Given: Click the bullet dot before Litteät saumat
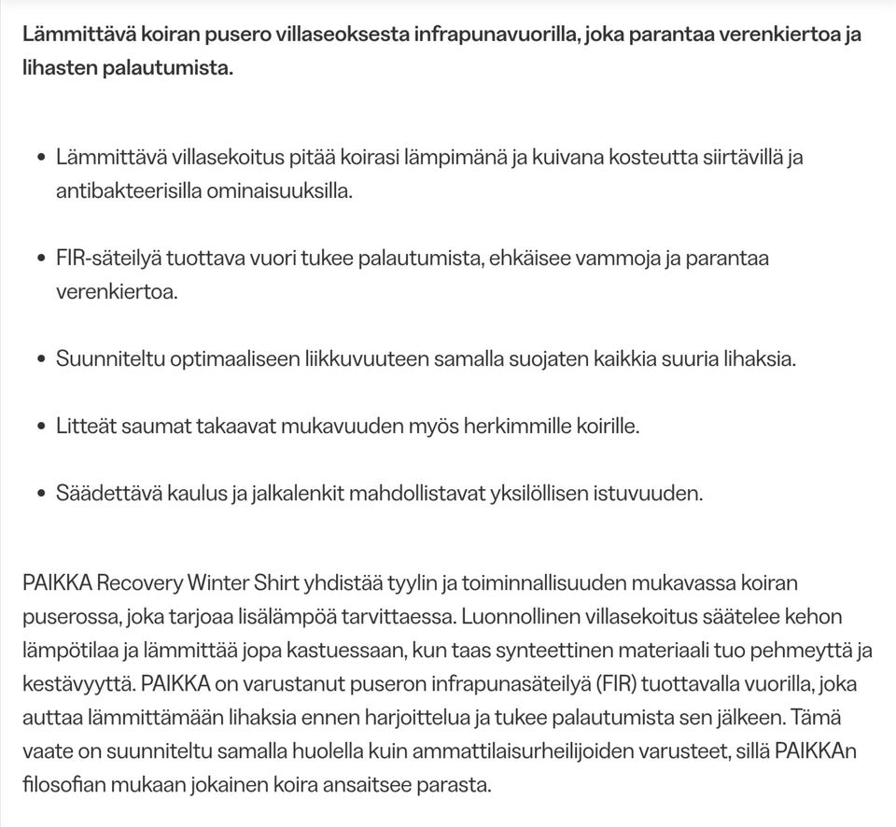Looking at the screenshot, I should click(x=41, y=428).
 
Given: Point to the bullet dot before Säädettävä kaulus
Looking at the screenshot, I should click(x=41, y=495).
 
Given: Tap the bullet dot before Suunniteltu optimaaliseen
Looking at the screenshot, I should click(x=41, y=360).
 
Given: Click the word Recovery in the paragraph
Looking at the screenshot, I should click(x=138, y=584).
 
